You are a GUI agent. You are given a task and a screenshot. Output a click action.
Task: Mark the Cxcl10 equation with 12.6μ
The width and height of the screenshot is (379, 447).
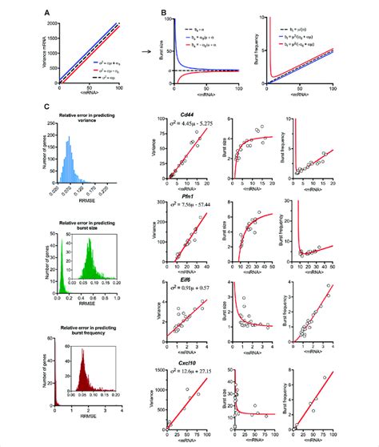pyautogui.click(x=189, y=369)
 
